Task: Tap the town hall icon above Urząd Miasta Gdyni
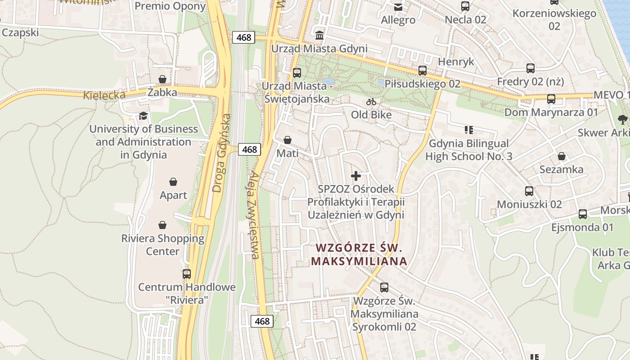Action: click(319, 35)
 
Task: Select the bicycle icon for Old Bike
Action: click(371, 102)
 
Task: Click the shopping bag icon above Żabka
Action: click(162, 79)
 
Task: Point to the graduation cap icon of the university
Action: click(144, 116)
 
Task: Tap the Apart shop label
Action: click(173, 195)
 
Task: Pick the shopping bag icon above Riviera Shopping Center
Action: click(162, 225)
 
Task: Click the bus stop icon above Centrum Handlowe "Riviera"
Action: click(186, 274)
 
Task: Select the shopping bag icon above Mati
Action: click(288, 140)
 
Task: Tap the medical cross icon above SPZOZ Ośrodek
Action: click(356, 175)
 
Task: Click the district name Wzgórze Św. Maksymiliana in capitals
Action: click(359, 254)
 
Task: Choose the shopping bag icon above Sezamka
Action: click(562, 156)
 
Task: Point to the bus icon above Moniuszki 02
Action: click(529, 191)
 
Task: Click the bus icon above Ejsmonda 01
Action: click(583, 214)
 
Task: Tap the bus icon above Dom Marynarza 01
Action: click(551, 99)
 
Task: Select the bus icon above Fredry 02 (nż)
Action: click(531, 68)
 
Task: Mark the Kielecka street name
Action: click(104, 95)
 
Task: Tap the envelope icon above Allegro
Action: click(398, 7)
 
